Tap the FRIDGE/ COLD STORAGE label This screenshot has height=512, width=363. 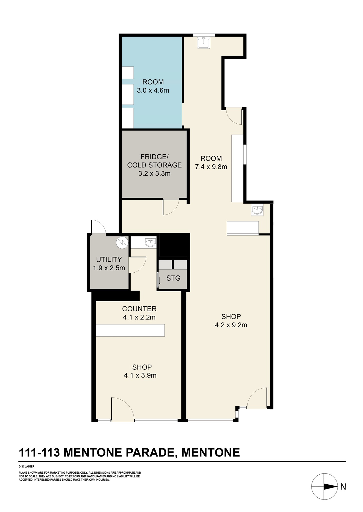154,161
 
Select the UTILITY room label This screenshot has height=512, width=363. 109,259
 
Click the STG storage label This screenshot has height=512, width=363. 173,278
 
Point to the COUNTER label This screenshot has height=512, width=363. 139,309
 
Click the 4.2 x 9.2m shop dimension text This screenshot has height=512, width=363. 231,325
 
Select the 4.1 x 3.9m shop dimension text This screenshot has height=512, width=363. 140,375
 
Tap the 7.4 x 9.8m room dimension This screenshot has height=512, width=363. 211,167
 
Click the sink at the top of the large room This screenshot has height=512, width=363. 204,42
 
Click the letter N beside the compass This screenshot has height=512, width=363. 343,487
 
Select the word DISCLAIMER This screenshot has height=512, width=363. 27,467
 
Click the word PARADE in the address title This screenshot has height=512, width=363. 150,453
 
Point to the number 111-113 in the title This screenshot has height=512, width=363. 39,453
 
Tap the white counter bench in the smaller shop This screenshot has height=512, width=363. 130,330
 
